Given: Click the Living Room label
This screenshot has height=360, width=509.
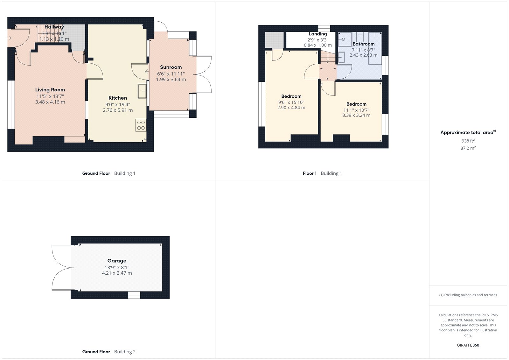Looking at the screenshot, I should (x=50, y=90).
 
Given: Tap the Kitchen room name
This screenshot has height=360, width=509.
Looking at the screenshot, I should (x=118, y=98).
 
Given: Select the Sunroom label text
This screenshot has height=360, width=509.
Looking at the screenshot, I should (x=171, y=67).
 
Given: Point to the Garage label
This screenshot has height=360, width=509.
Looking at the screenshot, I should (x=117, y=261).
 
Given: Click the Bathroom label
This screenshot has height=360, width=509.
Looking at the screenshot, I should (x=363, y=44).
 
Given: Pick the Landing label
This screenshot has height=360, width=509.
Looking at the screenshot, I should (x=318, y=34).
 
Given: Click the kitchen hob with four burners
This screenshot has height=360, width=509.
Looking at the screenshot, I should (x=141, y=125).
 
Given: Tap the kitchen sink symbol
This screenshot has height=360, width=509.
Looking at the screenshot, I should (x=142, y=91).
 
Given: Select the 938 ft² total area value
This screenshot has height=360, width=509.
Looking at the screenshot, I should (x=468, y=141).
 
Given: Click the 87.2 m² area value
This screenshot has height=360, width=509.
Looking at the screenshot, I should (x=468, y=148).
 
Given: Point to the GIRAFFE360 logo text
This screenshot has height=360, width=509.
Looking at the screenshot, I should (x=468, y=345).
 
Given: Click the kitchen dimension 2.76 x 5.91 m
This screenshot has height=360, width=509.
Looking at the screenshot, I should (x=118, y=110).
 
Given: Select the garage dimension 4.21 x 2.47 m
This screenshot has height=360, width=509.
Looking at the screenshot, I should (x=117, y=273).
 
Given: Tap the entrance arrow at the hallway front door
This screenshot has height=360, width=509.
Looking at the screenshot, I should (x=9, y=38).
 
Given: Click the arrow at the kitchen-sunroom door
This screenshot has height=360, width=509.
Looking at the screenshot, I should (x=147, y=72).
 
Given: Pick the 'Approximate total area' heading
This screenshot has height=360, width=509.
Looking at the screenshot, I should (x=467, y=132).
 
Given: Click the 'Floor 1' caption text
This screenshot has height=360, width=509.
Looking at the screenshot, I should (x=310, y=173).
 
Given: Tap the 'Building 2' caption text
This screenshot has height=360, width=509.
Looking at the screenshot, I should (x=125, y=352).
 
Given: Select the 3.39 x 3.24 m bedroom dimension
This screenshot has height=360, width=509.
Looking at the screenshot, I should (x=356, y=115).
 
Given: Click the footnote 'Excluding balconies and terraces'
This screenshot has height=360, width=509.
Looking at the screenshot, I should (x=468, y=295).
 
